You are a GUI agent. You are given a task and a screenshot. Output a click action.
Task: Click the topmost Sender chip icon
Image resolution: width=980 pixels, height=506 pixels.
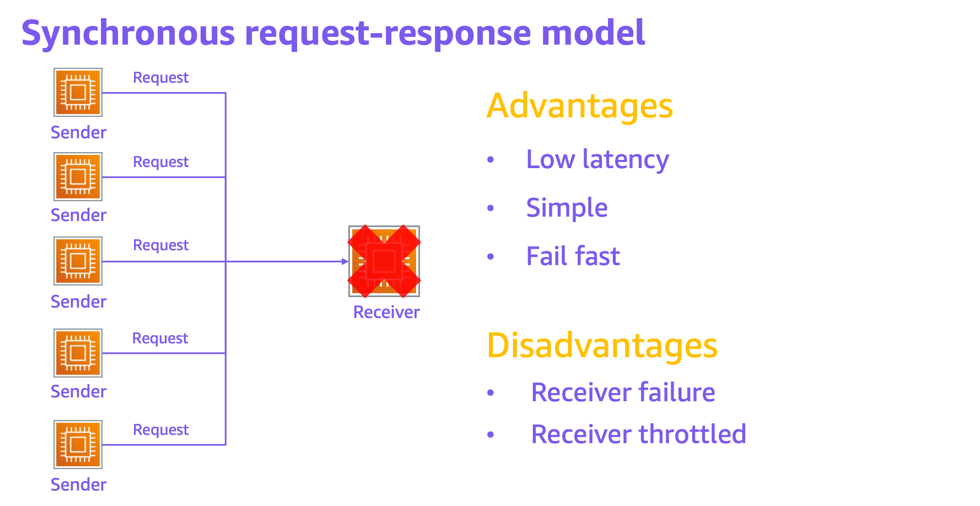[78, 92]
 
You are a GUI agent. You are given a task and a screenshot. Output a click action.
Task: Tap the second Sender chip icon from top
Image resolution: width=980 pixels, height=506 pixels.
[78, 176]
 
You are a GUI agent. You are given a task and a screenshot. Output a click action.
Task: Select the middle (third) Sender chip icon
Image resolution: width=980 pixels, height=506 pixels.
[78, 261]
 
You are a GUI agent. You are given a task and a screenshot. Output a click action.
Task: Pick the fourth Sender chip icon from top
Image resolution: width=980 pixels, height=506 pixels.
[78, 353]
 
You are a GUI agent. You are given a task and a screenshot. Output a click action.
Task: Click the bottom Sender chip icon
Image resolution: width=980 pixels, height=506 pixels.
[78, 444]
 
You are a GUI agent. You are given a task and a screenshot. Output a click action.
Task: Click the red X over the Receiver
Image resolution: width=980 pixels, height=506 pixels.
[384, 261]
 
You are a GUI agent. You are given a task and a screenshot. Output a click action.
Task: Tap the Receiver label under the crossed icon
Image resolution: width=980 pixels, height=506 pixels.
[386, 313]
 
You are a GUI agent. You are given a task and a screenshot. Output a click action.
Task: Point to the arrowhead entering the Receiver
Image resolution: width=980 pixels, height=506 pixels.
[345, 261]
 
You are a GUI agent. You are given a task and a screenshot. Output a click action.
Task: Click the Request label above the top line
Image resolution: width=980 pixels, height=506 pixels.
[161, 78]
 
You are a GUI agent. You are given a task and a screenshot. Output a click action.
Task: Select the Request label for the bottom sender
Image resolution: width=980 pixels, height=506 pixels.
[161, 430]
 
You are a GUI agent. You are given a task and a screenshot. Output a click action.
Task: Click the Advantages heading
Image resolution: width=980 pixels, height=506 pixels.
[579, 106]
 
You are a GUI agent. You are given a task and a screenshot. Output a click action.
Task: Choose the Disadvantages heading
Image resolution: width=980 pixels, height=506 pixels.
[602, 346]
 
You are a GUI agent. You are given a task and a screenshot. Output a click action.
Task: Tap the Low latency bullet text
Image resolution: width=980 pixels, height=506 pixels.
[597, 160]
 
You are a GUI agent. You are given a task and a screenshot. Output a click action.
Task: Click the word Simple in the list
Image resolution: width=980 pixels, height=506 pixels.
[567, 208]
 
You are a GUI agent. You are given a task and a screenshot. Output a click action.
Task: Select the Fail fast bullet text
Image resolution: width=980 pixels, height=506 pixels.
[573, 256]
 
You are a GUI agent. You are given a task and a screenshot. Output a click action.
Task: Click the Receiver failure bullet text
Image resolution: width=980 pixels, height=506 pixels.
[623, 392]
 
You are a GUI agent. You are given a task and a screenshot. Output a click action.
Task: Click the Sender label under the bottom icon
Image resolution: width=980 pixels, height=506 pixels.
[78, 485]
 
